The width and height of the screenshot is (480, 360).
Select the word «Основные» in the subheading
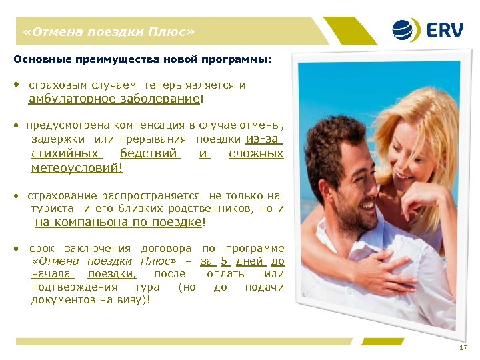click(37, 59)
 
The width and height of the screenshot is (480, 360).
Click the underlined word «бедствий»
click(150, 153)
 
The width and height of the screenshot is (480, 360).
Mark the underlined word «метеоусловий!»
click(77, 168)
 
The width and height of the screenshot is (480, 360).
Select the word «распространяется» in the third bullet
click(151, 195)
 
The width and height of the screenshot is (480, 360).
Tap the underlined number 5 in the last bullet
click(225, 261)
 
